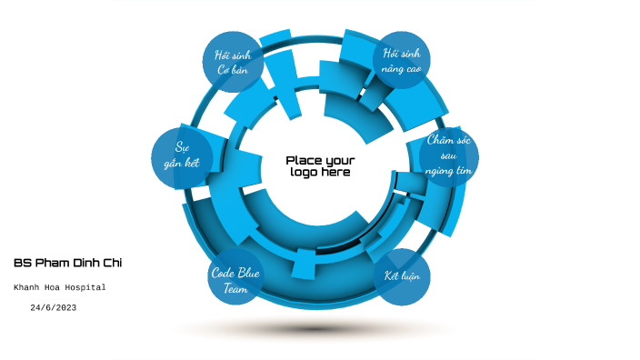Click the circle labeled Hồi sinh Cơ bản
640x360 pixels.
pyautogui.click(x=233, y=62)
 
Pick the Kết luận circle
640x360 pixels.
pyautogui.click(x=402, y=276)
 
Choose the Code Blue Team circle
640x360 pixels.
pyautogui.click(x=235, y=278)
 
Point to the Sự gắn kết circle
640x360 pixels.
pyautogui.click(x=182, y=156)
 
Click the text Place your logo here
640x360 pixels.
pyautogui.click(x=320, y=166)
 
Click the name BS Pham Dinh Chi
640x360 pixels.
pyautogui.click(x=67, y=263)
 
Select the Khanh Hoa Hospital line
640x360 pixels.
pyautogui.click(x=60, y=287)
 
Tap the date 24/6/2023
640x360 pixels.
pyautogui.click(x=53, y=308)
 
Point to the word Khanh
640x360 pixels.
pyautogui.click(x=27, y=287)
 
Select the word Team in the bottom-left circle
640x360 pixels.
pyautogui.click(x=235, y=287)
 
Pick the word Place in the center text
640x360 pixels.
pyautogui.click(x=303, y=160)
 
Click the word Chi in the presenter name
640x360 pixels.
pyautogui.click(x=112, y=263)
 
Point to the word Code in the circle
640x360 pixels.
pyautogui.click(x=224, y=272)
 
